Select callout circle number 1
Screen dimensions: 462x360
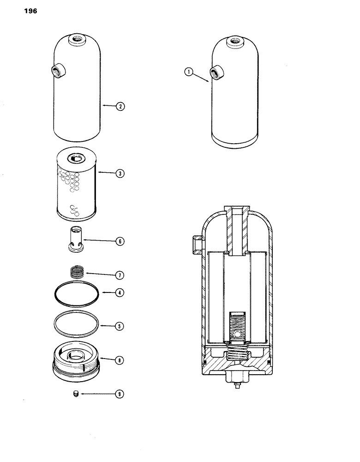[187, 72]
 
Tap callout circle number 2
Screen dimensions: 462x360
[120, 106]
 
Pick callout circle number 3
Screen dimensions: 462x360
[120, 174]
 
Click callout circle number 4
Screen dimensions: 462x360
[120, 292]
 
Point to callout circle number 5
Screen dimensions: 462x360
[120, 326]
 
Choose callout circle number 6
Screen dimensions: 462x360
[120, 241]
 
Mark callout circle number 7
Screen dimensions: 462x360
[120, 275]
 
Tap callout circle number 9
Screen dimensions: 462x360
[120, 394]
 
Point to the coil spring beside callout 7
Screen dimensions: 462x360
[78, 271]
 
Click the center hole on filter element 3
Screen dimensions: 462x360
[76, 158]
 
